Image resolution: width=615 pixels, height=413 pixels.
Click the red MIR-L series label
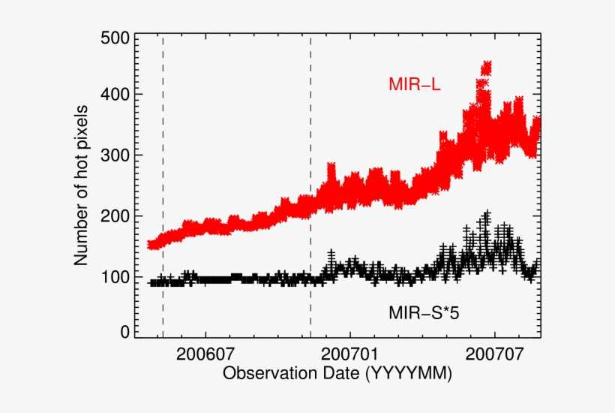[x=414, y=85]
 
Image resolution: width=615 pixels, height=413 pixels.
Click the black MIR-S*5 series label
[x=423, y=310]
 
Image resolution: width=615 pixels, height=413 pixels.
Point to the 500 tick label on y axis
[x=114, y=38]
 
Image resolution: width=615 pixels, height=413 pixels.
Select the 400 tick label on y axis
[x=114, y=95]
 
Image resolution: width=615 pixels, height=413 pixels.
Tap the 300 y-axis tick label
[x=114, y=155]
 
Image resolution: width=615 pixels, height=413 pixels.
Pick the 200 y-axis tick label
[x=114, y=216]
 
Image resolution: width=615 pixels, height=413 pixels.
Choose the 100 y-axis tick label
[x=114, y=277]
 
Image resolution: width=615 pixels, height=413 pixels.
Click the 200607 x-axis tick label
[x=205, y=352]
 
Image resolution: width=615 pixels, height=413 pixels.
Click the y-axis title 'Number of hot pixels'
[x=82, y=187]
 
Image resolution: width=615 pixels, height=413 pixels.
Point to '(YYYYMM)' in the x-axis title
[x=408, y=373]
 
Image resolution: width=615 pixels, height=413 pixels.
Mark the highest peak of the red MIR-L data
[x=486, y=67]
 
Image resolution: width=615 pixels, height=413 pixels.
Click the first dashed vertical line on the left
[x=163, y=188]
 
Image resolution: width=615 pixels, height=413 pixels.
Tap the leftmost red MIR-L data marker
[x=151, y=244]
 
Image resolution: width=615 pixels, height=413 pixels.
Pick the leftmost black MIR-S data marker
[x=153, y=283]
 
